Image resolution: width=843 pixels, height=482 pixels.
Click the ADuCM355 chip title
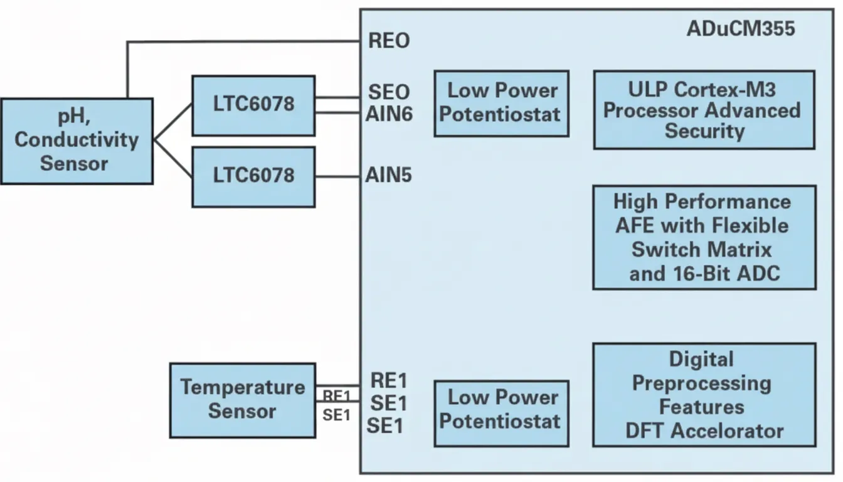(741, 29)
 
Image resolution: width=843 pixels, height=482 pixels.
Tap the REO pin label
(389, 40)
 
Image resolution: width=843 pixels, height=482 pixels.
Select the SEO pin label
(389, 92)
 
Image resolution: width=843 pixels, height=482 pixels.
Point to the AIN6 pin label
(389, 114)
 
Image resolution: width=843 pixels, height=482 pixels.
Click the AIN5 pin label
(388, 175)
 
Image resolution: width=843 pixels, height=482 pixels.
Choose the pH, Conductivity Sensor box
(77, 141)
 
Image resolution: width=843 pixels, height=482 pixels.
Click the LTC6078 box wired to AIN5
(253, 177)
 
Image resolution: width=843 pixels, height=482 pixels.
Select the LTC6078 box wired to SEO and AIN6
(253, 105)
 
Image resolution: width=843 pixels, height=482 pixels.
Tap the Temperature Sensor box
(243, 400)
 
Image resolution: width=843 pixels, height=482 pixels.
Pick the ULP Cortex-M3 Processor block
(704, 110)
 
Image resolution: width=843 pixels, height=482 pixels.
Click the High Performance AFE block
(704, 237)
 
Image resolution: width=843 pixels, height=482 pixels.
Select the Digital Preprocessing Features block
(704, 395)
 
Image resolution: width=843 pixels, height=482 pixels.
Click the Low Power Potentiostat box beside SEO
(501, 104)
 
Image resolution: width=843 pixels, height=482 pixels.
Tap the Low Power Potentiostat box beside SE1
(501, 414)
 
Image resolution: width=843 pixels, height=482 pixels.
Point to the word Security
(704, 131)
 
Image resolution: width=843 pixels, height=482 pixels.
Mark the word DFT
(645, 431)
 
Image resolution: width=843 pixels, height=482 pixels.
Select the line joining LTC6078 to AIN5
(337, 176)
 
